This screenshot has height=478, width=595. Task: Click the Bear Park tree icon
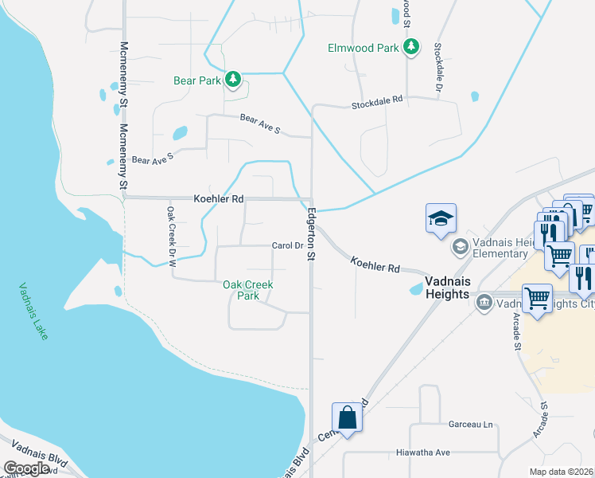click(x=233, y=79)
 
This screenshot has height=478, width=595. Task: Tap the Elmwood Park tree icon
click(x=410, y=47)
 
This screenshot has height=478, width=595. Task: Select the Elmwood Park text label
click(x=364, y=48)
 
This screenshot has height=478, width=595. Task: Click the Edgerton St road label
click(x=312, y=233)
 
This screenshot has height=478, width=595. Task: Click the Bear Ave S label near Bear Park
click(x=260, y=123)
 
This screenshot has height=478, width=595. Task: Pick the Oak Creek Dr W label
click(x=170, y=235)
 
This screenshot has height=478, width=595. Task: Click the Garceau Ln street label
click(x=471, y=425)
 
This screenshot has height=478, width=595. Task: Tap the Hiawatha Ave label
click(x=423, y=453)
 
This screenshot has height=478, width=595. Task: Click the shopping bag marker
click(x=348, y=417)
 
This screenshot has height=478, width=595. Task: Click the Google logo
click(x=27, y=468)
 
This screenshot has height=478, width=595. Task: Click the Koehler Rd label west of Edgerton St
click(x=219, y=198)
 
